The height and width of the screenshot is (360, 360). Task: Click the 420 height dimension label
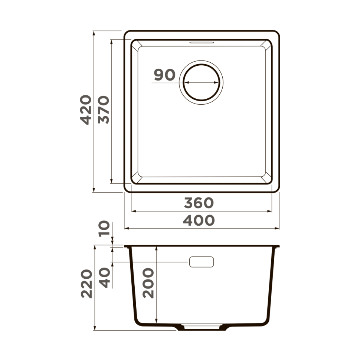click(x=86, y=109)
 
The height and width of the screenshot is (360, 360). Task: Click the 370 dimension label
click(x=104, y=109)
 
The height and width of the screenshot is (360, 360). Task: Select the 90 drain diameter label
click(x=164, y=75)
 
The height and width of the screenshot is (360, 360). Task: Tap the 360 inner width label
click(x=199, y=203)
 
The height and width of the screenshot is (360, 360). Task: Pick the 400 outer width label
click(x=199, y=220)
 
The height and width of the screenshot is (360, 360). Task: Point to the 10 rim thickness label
click(x=104, y=229)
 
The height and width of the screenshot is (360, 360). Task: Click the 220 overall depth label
click(x=86, y=284)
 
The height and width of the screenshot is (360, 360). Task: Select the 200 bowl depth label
click(x=148, y=284)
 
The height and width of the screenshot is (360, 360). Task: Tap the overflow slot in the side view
click(x=201, y=262)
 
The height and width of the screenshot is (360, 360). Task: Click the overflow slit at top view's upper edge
click(x=202, y=43)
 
